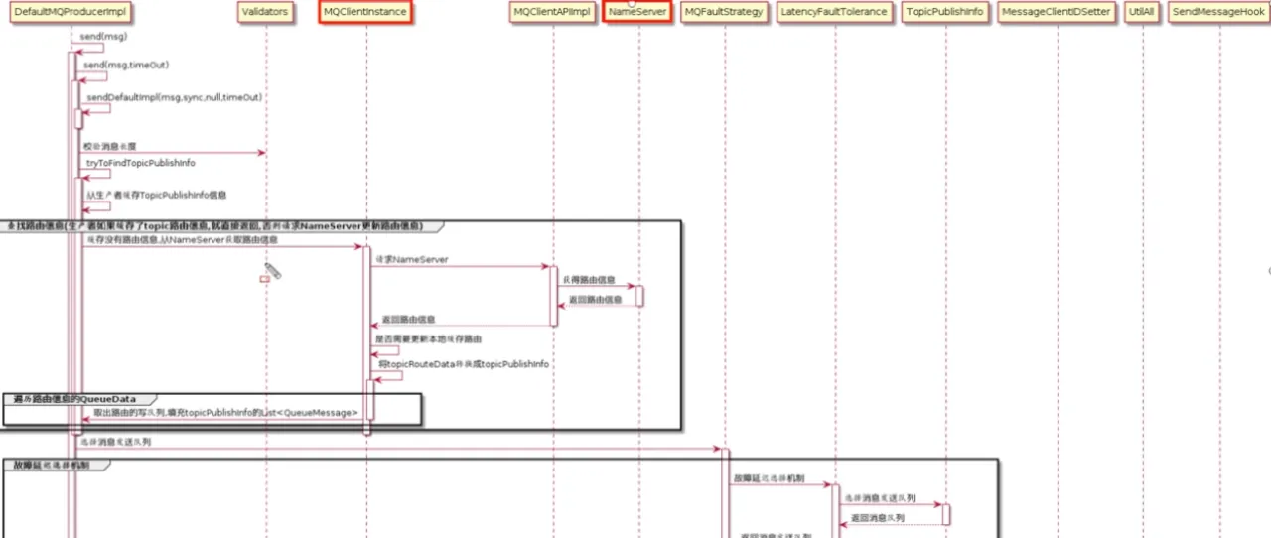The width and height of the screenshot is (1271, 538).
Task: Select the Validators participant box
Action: (x=265, y=12)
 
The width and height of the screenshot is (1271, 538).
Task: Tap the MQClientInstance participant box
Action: (x=365, y=12)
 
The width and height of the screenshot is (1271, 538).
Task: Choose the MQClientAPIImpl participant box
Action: (x=552, y=12)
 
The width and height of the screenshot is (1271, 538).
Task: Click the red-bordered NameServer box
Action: (x=638, y=12)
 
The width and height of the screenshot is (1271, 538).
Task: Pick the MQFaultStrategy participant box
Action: (x=725, y=12)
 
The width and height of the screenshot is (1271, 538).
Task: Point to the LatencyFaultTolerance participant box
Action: (x=834, y=12)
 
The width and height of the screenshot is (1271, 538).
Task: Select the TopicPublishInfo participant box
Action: (x=945, y=12)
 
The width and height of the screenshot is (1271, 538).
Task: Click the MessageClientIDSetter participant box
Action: (x=1058, y=12)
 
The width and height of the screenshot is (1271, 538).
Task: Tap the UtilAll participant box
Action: (x=1142, y=12)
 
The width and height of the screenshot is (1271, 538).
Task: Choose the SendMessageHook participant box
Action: (x=1218, y=12)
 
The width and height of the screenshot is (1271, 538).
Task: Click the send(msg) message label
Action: (x=105, y=37)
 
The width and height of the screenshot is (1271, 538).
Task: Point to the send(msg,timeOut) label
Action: (x=126, y=65)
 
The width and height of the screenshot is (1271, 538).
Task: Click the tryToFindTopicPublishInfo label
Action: (x=140, y=162)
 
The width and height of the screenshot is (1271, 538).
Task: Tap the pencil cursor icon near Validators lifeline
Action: (x=272, y=270)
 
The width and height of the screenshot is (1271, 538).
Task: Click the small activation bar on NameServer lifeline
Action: (x=639, y=296)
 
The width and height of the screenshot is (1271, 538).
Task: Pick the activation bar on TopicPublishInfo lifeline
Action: (x=946, y=514)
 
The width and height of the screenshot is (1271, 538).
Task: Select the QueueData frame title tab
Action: (x=74, y=399)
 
